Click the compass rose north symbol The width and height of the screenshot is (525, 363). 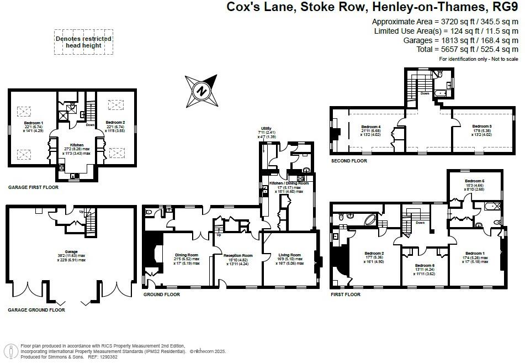click(203, 91)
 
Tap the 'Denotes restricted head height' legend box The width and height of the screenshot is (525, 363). click(83, 42)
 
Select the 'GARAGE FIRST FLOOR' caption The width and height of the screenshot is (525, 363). click(33, 187)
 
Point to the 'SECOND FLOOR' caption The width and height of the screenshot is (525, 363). click(348, 161)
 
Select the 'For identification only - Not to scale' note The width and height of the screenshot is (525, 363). click(478, 59)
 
